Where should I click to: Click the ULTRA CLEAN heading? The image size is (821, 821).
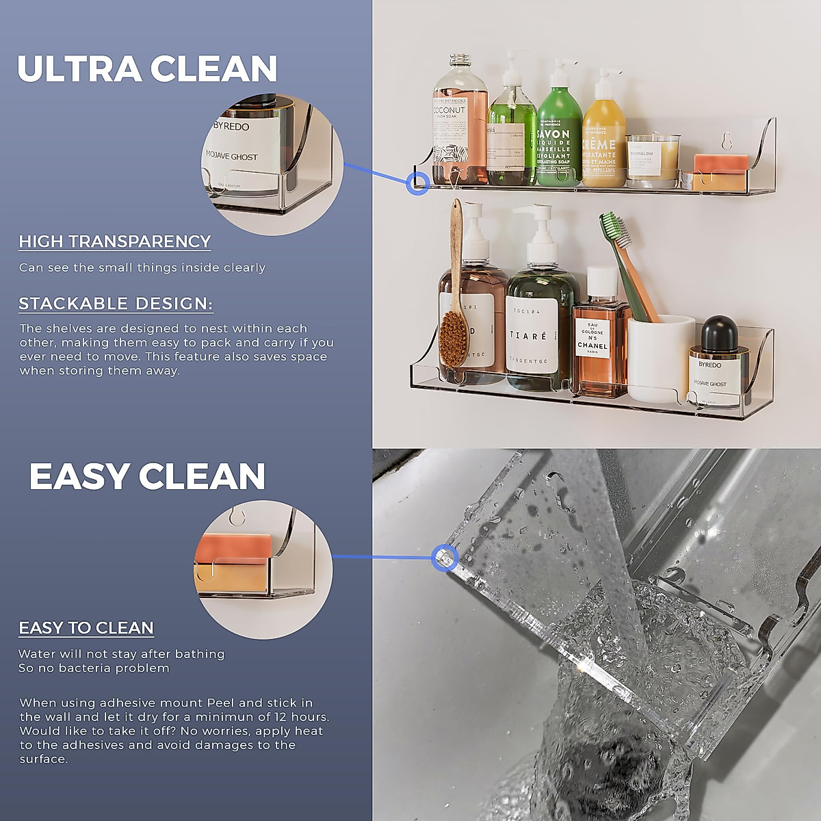(147, 69)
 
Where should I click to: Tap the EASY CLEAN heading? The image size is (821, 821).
(147, 477)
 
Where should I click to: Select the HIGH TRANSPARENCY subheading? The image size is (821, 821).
(115, 242)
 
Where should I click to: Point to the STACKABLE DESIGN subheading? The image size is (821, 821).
(116, 304)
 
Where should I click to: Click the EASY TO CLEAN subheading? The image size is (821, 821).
(86, 628)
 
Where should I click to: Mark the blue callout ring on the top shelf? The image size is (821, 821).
(418, 183)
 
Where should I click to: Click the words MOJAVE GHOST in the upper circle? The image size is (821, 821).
(232, 157)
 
